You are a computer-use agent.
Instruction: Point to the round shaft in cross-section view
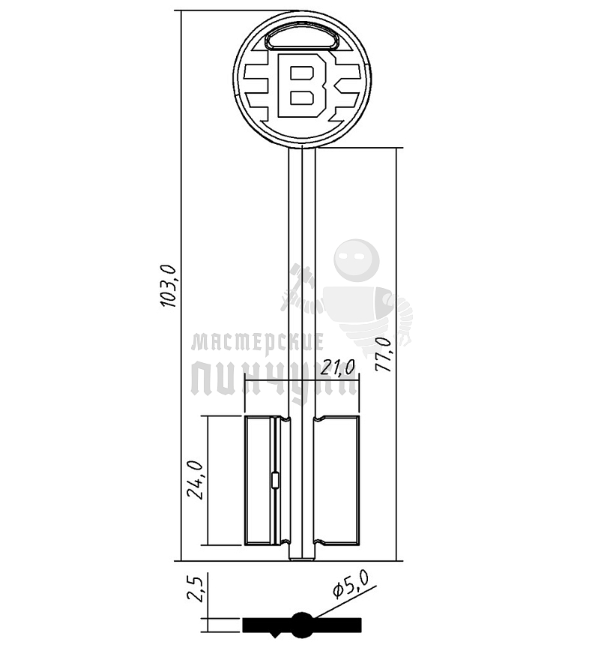pyautogui.click(x=301, y=622)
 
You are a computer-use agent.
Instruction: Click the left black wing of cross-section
pyautogui.click(x=266, y=624)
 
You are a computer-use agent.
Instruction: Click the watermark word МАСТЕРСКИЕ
pyautogui.click(x=257, y=343)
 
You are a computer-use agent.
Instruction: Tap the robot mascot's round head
pyautogui.click(x=355, y=262)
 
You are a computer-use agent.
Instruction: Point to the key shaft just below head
pyautogui.click(x=302, y=161)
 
